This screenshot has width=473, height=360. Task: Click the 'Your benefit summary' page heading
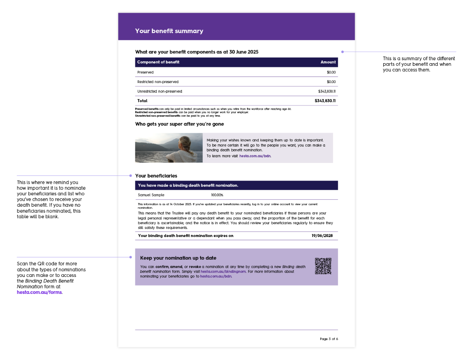(169, 31)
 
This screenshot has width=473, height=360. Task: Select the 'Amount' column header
(328, 62)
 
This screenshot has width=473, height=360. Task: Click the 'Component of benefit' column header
(158, 62)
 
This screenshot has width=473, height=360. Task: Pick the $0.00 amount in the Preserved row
(331, 72)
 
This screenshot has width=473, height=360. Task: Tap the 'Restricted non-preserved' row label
(158, 82)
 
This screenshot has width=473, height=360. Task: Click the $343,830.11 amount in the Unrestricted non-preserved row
(327, 91)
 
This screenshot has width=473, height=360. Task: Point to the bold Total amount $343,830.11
(325, 101)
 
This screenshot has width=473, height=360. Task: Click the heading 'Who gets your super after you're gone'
(179, 124)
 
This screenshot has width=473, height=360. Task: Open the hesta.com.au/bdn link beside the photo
(255, 156)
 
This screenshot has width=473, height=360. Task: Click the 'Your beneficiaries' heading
(156, 176)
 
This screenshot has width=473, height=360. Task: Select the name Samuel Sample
(151, 195)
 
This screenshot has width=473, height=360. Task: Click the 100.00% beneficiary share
(217, 195)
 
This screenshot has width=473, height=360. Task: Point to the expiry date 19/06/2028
(322, 236)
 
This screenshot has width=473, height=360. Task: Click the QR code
(323, 266)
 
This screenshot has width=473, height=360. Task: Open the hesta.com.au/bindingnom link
(223, 272)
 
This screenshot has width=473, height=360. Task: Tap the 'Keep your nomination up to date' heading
(178, 258)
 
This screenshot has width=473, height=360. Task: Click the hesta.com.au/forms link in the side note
(39, 292)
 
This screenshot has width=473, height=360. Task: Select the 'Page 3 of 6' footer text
(329, 339)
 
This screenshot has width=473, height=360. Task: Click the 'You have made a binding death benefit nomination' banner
(188, 185)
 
